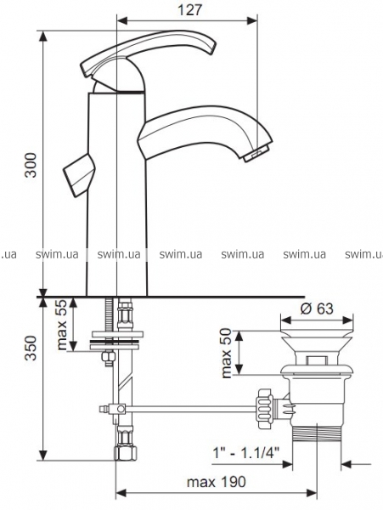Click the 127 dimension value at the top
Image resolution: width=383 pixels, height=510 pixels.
[189, 9]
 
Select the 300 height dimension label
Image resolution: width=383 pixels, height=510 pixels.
[31, 165]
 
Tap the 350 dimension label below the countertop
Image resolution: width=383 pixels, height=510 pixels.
[31, 348]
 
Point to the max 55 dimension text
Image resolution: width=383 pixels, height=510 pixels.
[62, 325]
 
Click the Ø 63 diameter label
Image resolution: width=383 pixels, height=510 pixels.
[317, 309]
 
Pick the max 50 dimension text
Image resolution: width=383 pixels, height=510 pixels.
[227, 354]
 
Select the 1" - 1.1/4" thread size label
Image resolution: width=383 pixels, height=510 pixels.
[246, 453]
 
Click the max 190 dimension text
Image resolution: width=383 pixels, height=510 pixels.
[216, 482]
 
